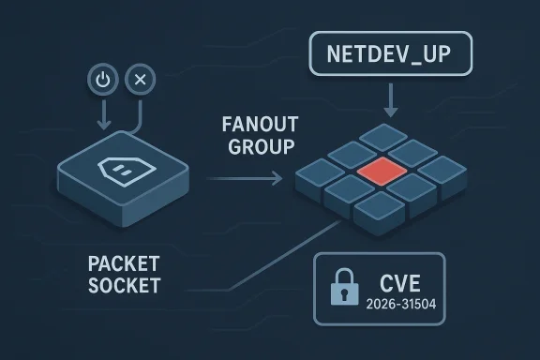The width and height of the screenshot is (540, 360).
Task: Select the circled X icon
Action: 141,81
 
